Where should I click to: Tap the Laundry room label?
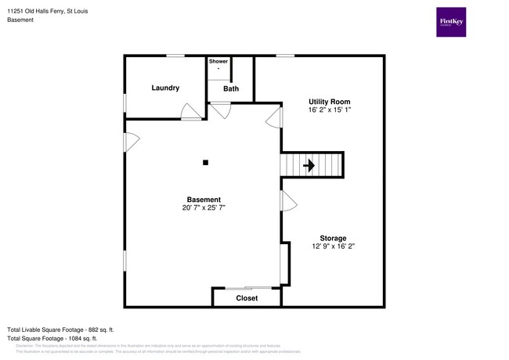pyautogui.click(x=165, y=88)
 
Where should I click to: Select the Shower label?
pyautogui.click(x=218, y=61)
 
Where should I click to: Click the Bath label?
pyautogui.click(x=231, y=88)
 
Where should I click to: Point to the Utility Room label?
pyautogui.click(x=329, y=102)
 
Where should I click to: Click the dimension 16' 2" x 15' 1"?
pyautogui.click(x=329, y=110)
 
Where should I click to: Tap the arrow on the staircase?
pyautogui.click(x=309, y=165)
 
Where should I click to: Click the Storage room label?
pyautogui.click(x=333, y=238)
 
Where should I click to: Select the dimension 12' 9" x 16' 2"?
pyautogui.click(x=333, y=247)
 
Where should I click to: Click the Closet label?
pyautogui.click(x=247, y=298)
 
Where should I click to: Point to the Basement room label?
pyautogui.click(x=204, y=200)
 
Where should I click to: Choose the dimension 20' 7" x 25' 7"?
pyautogui.click(x=204, y=208)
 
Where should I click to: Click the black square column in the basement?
pyautogui.click(x=205, y=163)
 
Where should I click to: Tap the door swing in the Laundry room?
pyautogui.click(x=189, y=113)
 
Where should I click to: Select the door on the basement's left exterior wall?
pyautogui.click(x=131, y=142)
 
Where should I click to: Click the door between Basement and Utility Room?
pyautogui.click(x=275, y=118)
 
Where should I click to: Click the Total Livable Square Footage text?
pyautogui.click(x=60, y=329)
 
